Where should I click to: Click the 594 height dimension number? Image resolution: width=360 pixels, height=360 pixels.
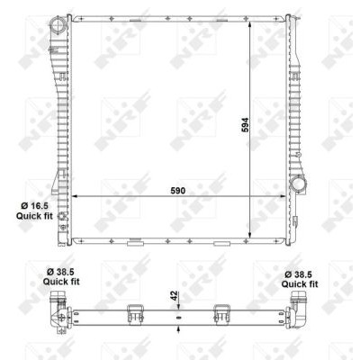click(245, 125)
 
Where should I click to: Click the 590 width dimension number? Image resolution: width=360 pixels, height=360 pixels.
click(178, 191)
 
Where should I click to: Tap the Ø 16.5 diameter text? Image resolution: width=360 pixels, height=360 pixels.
click(34, 206)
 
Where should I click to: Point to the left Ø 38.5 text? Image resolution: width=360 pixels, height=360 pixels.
click(60, 272)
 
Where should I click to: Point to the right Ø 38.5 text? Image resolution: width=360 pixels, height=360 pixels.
click(299, 274)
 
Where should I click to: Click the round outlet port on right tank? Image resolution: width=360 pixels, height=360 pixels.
click(298, 183)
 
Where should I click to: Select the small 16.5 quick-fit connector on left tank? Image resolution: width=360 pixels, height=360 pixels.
click(63, 216)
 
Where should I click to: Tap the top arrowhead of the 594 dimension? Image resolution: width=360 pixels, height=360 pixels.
click(250, 25)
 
